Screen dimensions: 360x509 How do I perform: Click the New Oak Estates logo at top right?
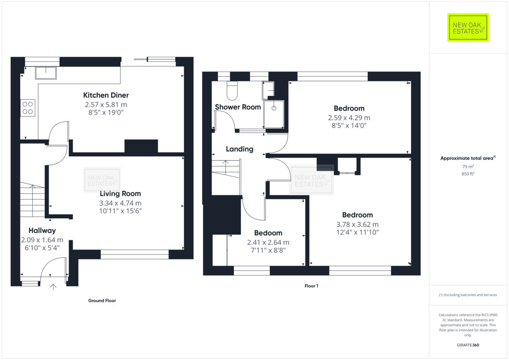click(468, 28)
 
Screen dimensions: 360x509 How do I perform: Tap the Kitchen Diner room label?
click(106, 95)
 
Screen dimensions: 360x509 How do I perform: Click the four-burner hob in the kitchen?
click(28, 107)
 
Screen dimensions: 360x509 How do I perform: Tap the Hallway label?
click(42, 231)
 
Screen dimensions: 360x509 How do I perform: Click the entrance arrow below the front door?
click(53, 287)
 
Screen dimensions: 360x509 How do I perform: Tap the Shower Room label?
click(238, 107)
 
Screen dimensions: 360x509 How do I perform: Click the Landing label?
click(239, 149)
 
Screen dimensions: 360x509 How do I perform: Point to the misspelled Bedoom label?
click(268, 233)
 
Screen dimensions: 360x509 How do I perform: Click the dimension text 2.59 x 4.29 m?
click(349, 117)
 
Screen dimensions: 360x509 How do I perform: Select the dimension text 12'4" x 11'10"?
click(352, 232)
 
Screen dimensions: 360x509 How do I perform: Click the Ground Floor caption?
click(102, 301)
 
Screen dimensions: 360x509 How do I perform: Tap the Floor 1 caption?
click(311, 286)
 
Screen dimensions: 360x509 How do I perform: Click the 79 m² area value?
click(468, 167)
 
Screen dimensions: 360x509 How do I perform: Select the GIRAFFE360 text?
click(468, 345)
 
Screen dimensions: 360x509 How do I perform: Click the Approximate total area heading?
click(467, 158)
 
